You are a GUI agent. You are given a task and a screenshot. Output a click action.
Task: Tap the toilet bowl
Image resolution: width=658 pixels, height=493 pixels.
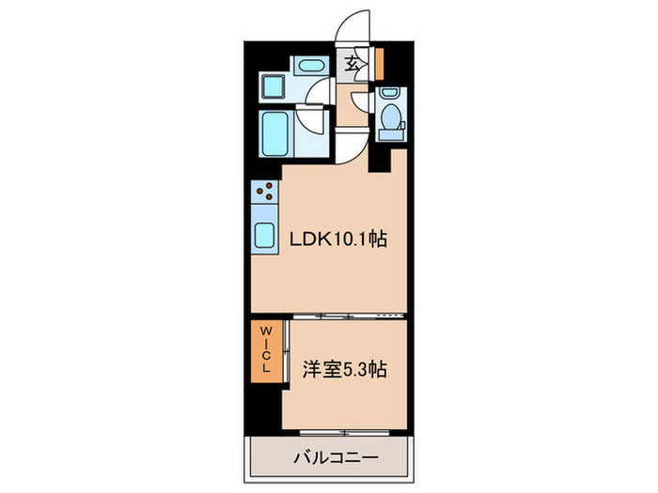click(x=390, y=119)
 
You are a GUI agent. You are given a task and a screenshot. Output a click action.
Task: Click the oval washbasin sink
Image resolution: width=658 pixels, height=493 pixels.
click(x=308, y=65)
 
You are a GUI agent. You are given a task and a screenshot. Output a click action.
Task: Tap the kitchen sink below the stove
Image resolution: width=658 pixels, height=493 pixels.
click(x=263, y=235)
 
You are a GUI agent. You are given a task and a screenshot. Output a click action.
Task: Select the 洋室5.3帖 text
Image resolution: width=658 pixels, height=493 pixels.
click(x=343, y=369)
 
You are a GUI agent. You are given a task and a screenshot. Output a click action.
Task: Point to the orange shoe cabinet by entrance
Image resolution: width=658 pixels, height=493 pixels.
click(x=380, y=63)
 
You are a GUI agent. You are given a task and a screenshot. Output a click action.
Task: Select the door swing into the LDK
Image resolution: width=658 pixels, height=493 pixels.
click(x=350, y=146)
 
